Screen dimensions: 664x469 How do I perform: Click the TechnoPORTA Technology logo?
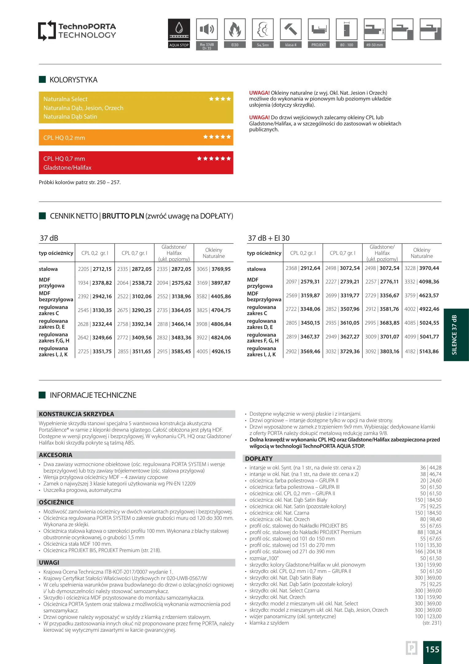point(77,30)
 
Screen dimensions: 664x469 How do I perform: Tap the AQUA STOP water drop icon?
point(179,29)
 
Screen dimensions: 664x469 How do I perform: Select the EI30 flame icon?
point(235,29)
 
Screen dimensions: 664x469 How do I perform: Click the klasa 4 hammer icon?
point(291,29)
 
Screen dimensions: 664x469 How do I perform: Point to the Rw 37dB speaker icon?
point(207,29)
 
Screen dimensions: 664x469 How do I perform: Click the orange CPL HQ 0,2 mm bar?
point(136,138)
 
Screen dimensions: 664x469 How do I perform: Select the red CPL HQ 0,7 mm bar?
point(136,163)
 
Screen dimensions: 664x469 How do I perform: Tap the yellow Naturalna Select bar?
point(136,108)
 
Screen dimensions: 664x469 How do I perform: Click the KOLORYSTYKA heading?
point(73,80)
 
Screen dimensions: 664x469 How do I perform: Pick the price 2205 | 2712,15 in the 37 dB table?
point(95,269)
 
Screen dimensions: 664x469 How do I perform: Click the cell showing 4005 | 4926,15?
point(213,351)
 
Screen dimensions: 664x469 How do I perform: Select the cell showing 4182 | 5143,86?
point(421,351)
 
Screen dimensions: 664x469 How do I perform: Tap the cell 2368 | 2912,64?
point(303,268)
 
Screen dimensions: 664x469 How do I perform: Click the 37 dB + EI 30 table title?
point(269,238)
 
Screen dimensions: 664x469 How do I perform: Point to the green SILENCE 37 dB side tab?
point(456,335)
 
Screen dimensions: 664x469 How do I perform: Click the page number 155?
point(432,650)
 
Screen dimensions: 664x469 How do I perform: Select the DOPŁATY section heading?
point(259,459)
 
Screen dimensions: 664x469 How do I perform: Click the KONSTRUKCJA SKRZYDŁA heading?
point(76,414)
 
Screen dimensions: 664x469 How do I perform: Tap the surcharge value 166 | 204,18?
point(428,551)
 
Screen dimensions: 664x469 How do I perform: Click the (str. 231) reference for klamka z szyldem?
point(432,623)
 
